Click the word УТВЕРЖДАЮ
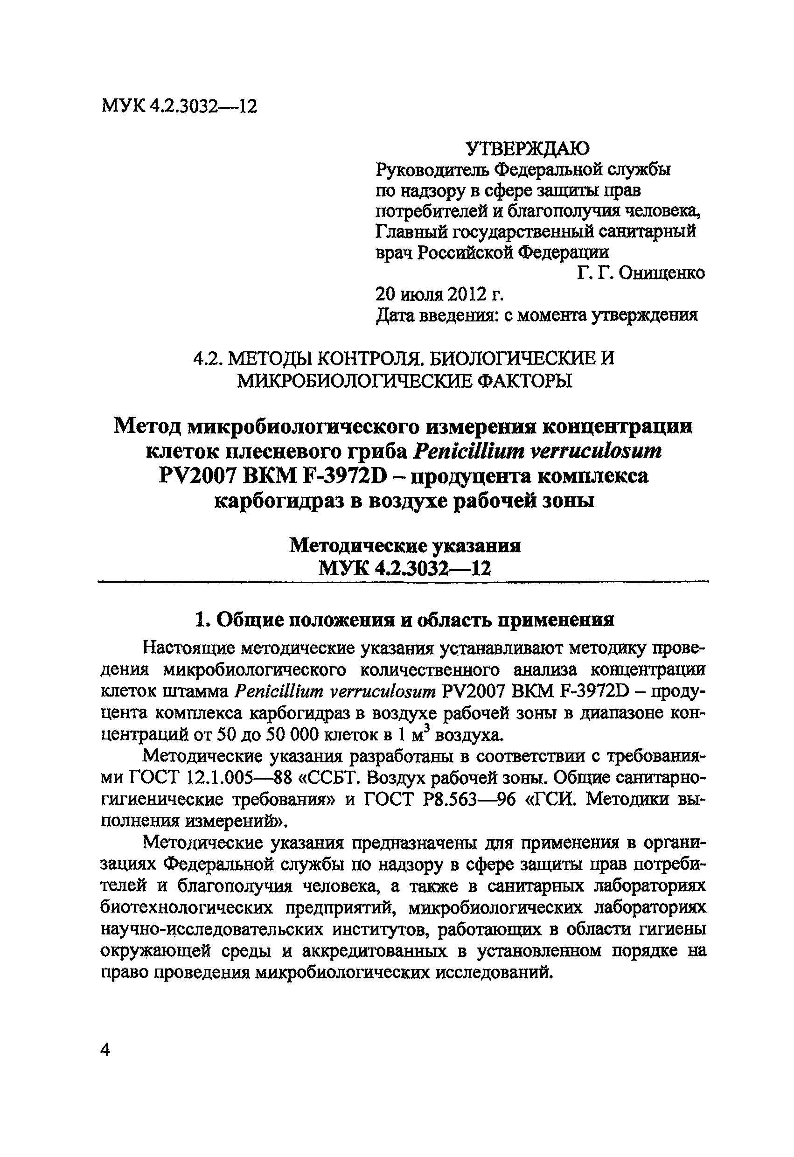pos(527,148)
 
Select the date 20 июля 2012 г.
pos(439,294)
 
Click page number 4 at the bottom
pos(105,1051)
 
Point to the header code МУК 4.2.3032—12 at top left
pos(179,106)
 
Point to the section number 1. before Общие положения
pos(200,620)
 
